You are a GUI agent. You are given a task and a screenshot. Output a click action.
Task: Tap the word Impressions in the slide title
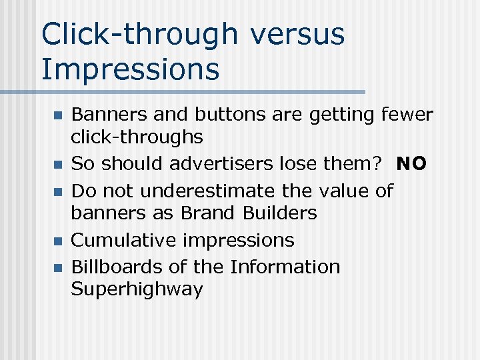pos(131,69)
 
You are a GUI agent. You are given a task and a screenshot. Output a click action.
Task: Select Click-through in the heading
pos(140,34)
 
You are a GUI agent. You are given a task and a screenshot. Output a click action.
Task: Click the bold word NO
pos(411,164)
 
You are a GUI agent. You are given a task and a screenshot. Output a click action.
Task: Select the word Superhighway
pos(137,289)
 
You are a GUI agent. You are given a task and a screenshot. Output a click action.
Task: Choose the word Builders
pos(280,213)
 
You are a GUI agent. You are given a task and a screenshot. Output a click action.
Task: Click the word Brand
pos(205,213)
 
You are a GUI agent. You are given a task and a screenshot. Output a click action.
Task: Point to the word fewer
pos(407,115)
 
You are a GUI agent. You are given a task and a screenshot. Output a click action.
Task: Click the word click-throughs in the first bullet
pos(137,137)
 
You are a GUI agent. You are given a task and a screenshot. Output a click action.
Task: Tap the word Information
pos(285,267)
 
